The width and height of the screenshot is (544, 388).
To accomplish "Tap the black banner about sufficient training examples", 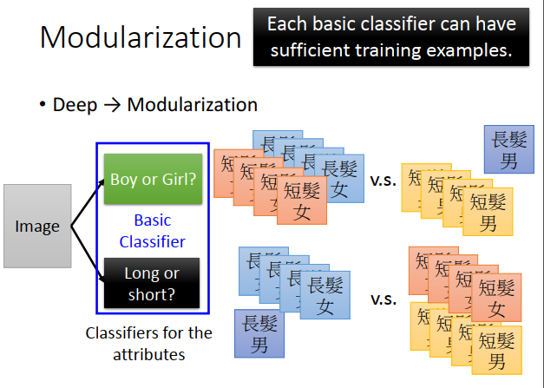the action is tap(390, 36).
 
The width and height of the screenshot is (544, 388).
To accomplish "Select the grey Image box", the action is tap(37, 227).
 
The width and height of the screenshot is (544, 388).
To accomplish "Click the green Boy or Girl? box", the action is tap(152, 180).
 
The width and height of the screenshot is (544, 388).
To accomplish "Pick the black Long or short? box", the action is tap(152, 283).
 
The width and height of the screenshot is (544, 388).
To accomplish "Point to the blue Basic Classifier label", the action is tap(152, 231).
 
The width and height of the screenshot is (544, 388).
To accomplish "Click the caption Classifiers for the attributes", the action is tap(148, 344).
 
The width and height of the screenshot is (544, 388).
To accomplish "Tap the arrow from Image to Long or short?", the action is tap(87, 255).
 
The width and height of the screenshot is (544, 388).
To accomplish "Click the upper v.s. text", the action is tap(383, 181).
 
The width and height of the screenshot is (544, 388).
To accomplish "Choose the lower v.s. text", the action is tap(383, 299).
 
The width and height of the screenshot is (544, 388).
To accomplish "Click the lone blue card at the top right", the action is tap(509, 148).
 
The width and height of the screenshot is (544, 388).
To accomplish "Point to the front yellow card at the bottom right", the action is tap(496, 349).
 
